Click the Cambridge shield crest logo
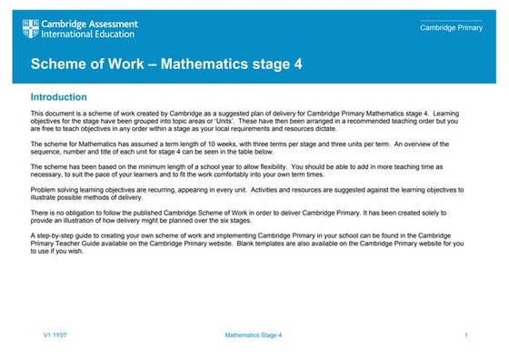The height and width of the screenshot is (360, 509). [x=31, y=29]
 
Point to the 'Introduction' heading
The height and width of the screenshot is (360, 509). [x=59, y=96]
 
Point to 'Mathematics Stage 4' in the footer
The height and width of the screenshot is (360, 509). [x=254, y=336]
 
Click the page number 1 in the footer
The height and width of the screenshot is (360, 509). [x=465, y=336]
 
